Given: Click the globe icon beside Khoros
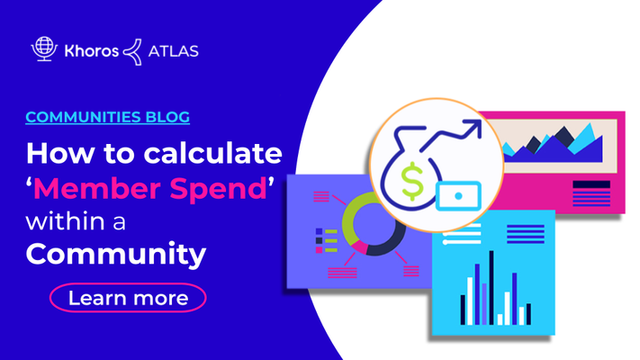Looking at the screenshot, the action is point(44,49).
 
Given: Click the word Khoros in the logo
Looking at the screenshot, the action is point(92,51).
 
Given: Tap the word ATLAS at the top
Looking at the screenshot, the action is point(173,51).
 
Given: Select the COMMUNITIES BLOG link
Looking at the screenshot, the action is point(108,117).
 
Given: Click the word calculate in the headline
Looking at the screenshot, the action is point(212,153).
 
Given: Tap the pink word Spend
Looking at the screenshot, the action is point(219,190).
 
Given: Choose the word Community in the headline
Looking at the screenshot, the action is point(116,255).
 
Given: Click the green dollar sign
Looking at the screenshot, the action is point(412,181).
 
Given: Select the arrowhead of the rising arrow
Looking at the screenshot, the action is point(473,127).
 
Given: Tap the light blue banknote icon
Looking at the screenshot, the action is point(458,196).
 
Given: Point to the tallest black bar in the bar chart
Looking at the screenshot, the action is point(491,287).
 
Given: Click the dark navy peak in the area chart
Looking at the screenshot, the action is point(563,136).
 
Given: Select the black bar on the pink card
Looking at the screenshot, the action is point(591,184).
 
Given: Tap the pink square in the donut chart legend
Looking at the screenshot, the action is point(320,249).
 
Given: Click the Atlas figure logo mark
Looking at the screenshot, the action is point(133,52).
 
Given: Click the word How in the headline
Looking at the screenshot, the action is point(59,153).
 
